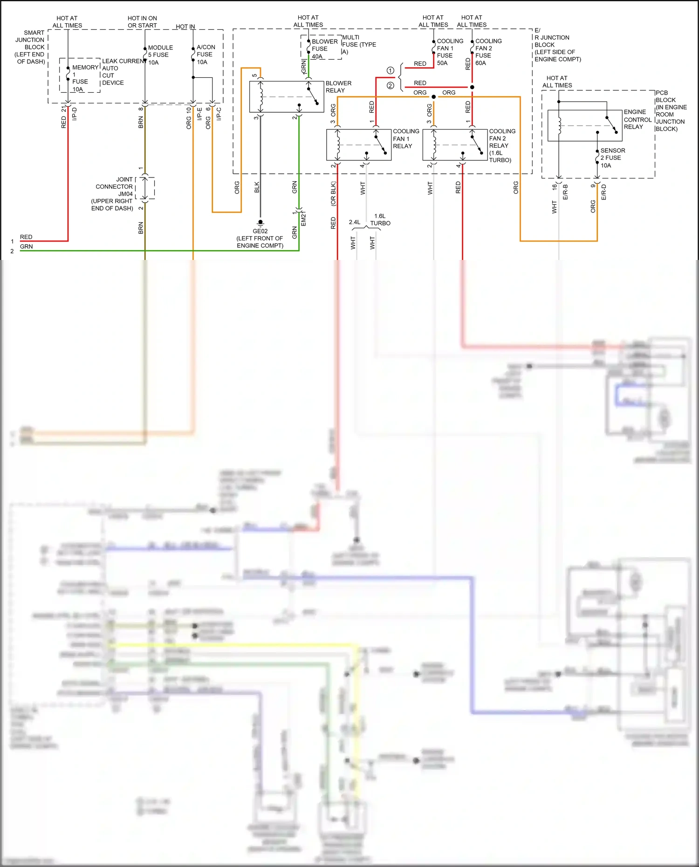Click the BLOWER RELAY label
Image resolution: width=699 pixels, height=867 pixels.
click(338, 87)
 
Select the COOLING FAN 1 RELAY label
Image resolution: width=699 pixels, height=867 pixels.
click(405, 138)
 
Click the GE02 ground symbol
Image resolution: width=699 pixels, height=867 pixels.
click(260, 223)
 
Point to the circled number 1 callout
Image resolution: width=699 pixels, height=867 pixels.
click(391, 70)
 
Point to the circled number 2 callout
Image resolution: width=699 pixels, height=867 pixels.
click(391, 86)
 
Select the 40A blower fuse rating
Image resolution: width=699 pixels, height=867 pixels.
click(317, 56)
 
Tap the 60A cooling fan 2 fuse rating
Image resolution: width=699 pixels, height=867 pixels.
click(480, 63)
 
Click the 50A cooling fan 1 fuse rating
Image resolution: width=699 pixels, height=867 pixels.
click(442, 63)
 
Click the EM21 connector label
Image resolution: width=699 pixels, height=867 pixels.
click(303, 219)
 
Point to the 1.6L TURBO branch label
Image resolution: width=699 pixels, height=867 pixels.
click(380, 219)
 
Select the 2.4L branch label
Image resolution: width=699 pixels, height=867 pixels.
click(355, 222)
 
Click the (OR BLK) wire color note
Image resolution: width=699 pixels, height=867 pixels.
click(333, 194)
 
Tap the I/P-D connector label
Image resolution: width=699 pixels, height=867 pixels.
click(75, 114)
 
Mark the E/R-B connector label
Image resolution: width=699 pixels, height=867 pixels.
click(565, 192)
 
